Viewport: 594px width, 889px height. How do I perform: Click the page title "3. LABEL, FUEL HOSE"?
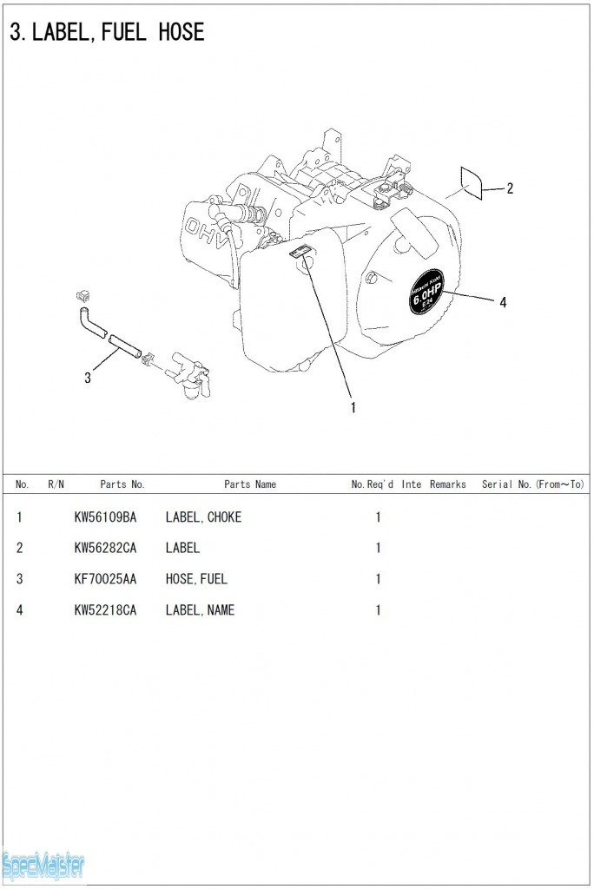(x=107, y=33)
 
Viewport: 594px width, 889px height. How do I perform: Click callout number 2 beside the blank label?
(x=510, y=188)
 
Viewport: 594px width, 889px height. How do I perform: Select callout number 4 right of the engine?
(x=503, y=302)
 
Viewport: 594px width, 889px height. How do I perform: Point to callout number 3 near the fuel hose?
(x=88, y=378)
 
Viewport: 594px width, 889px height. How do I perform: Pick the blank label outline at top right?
(x=471, y=183)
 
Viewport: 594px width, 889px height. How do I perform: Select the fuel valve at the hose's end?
(x=190, y=375)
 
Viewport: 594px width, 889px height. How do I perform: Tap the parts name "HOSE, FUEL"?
(x=196, y=579)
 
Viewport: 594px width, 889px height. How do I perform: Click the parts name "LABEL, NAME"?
(x=200, y=610)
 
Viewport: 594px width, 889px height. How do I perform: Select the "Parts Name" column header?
(x=250, y=484)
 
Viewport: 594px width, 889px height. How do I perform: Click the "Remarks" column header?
(x=447, y=484)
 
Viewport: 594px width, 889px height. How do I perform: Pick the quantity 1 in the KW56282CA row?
(x=378, y=548)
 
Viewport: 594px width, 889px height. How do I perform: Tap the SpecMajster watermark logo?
(x=43, y=864)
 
